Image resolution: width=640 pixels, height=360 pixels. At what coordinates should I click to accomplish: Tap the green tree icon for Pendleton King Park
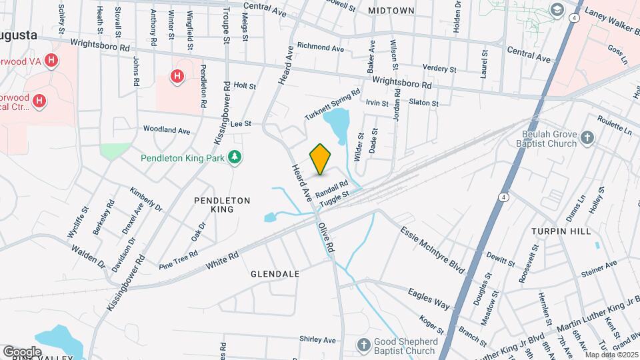click(234, 157)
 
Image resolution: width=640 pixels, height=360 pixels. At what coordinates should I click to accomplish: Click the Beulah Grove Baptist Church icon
click(587, 137)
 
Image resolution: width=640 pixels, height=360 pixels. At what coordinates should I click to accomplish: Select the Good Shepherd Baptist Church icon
click(363, 345)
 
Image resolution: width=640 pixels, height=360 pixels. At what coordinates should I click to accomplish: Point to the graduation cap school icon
click(556, 10)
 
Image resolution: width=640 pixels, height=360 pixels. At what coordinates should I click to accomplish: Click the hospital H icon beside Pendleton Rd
click(177, 77)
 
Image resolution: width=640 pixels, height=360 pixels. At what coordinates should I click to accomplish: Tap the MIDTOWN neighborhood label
click(391, 11)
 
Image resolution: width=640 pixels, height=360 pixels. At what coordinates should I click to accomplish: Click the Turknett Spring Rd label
click(333, 104)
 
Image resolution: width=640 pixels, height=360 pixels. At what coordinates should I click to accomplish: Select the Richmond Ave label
click(321, 48)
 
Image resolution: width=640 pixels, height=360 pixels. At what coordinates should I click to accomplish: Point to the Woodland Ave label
click(167, 130)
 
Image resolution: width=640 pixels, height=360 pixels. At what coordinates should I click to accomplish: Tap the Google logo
click(22, 351)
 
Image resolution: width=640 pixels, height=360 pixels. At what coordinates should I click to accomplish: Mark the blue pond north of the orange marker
click(337, 124)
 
